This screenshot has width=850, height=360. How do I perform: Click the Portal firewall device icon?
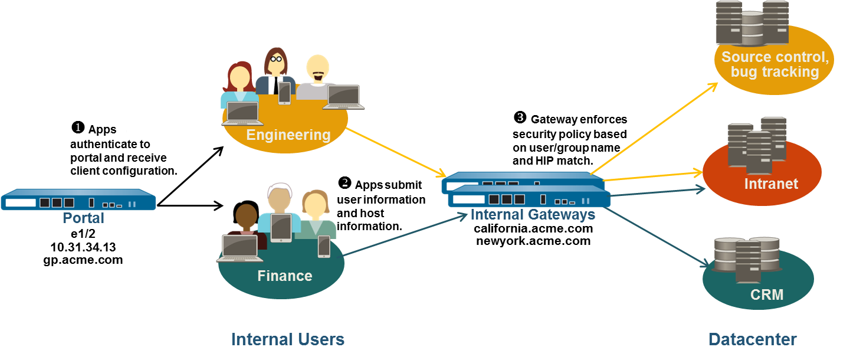coord(78,199)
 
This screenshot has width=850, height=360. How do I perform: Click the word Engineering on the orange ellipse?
coord(288,135)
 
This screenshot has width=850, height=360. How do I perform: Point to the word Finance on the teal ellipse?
coord(284,276)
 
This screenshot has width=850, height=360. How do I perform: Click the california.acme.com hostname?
coord(533,229)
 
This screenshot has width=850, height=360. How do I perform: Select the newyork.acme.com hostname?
coord(533,241)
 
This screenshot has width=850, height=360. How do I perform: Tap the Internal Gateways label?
coord(533,215)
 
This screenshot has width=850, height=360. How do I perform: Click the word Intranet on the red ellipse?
coord(770,184)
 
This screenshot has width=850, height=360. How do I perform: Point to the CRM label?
coord(767,294)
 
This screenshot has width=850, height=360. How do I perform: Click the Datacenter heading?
coord(752,339)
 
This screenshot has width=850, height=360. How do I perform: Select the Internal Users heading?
coord(287,339)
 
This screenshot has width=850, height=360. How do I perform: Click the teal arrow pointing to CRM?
coord(655,236)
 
